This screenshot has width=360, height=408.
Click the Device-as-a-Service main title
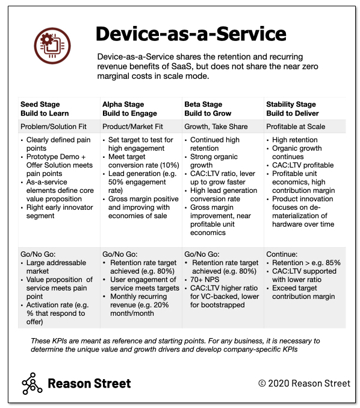coord(191,33)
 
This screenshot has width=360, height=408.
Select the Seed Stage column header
coord(45,108)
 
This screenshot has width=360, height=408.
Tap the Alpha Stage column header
coord(129,108)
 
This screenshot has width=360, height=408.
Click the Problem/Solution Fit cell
coord(52,127)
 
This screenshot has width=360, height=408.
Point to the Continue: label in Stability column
coord(282,254)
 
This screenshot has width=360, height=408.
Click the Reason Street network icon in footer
coord(32,383)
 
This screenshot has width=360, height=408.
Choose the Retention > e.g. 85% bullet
coord(306,262)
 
